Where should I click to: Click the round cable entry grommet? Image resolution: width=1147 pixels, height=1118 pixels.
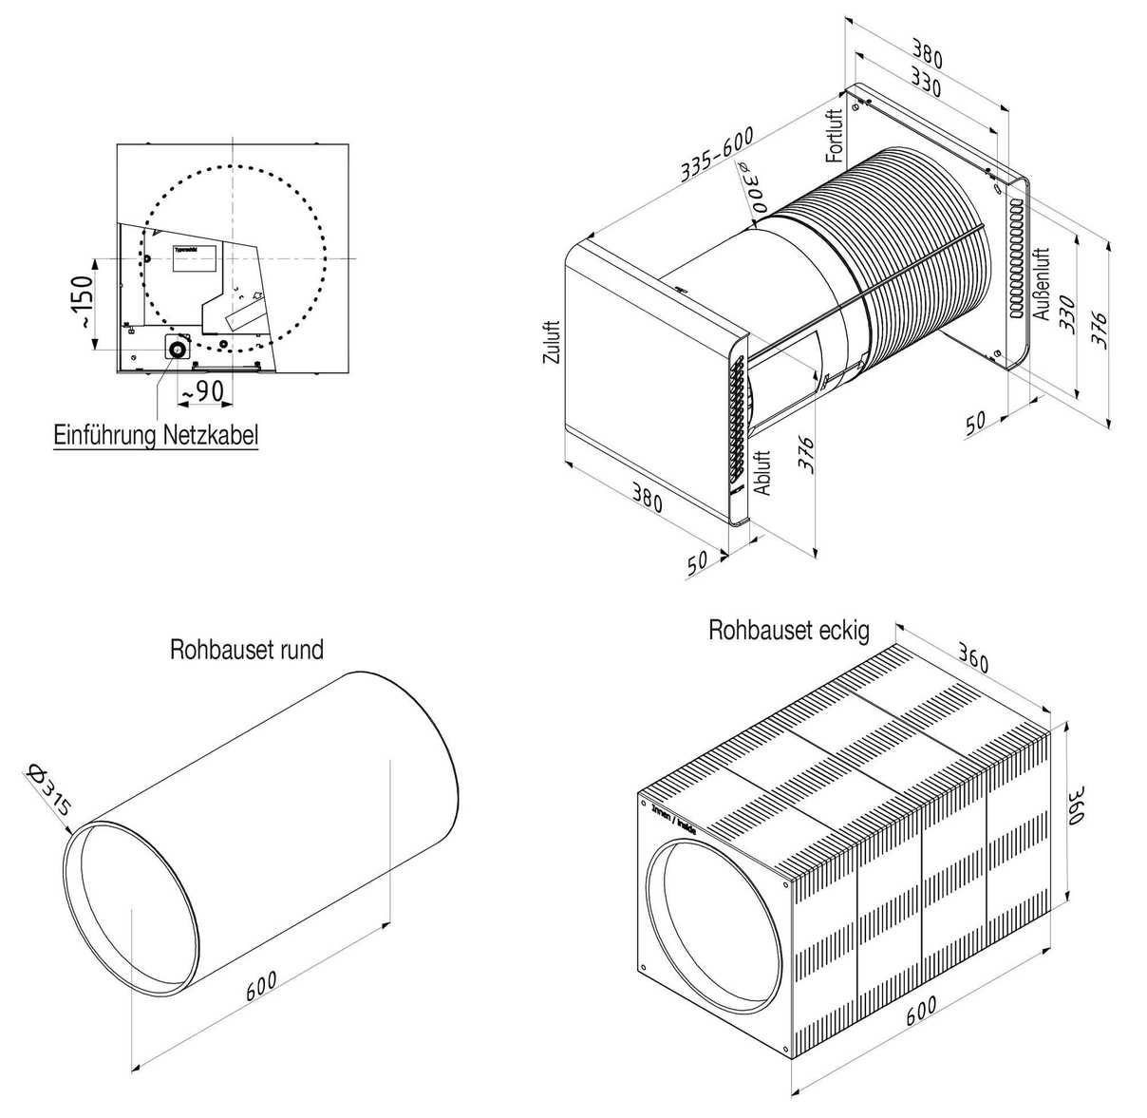(x=178, y=349)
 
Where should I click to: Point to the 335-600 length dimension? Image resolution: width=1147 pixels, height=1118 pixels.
(x=717, y=155)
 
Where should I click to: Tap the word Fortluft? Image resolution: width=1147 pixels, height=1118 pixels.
(x=835, y=136)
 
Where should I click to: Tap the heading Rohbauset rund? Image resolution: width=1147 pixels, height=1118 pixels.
(x=247, y=650)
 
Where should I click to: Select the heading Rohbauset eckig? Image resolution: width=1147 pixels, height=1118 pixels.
(x=788, y=631)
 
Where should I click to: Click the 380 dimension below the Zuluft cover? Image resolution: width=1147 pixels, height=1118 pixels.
(x=646, y=501)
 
